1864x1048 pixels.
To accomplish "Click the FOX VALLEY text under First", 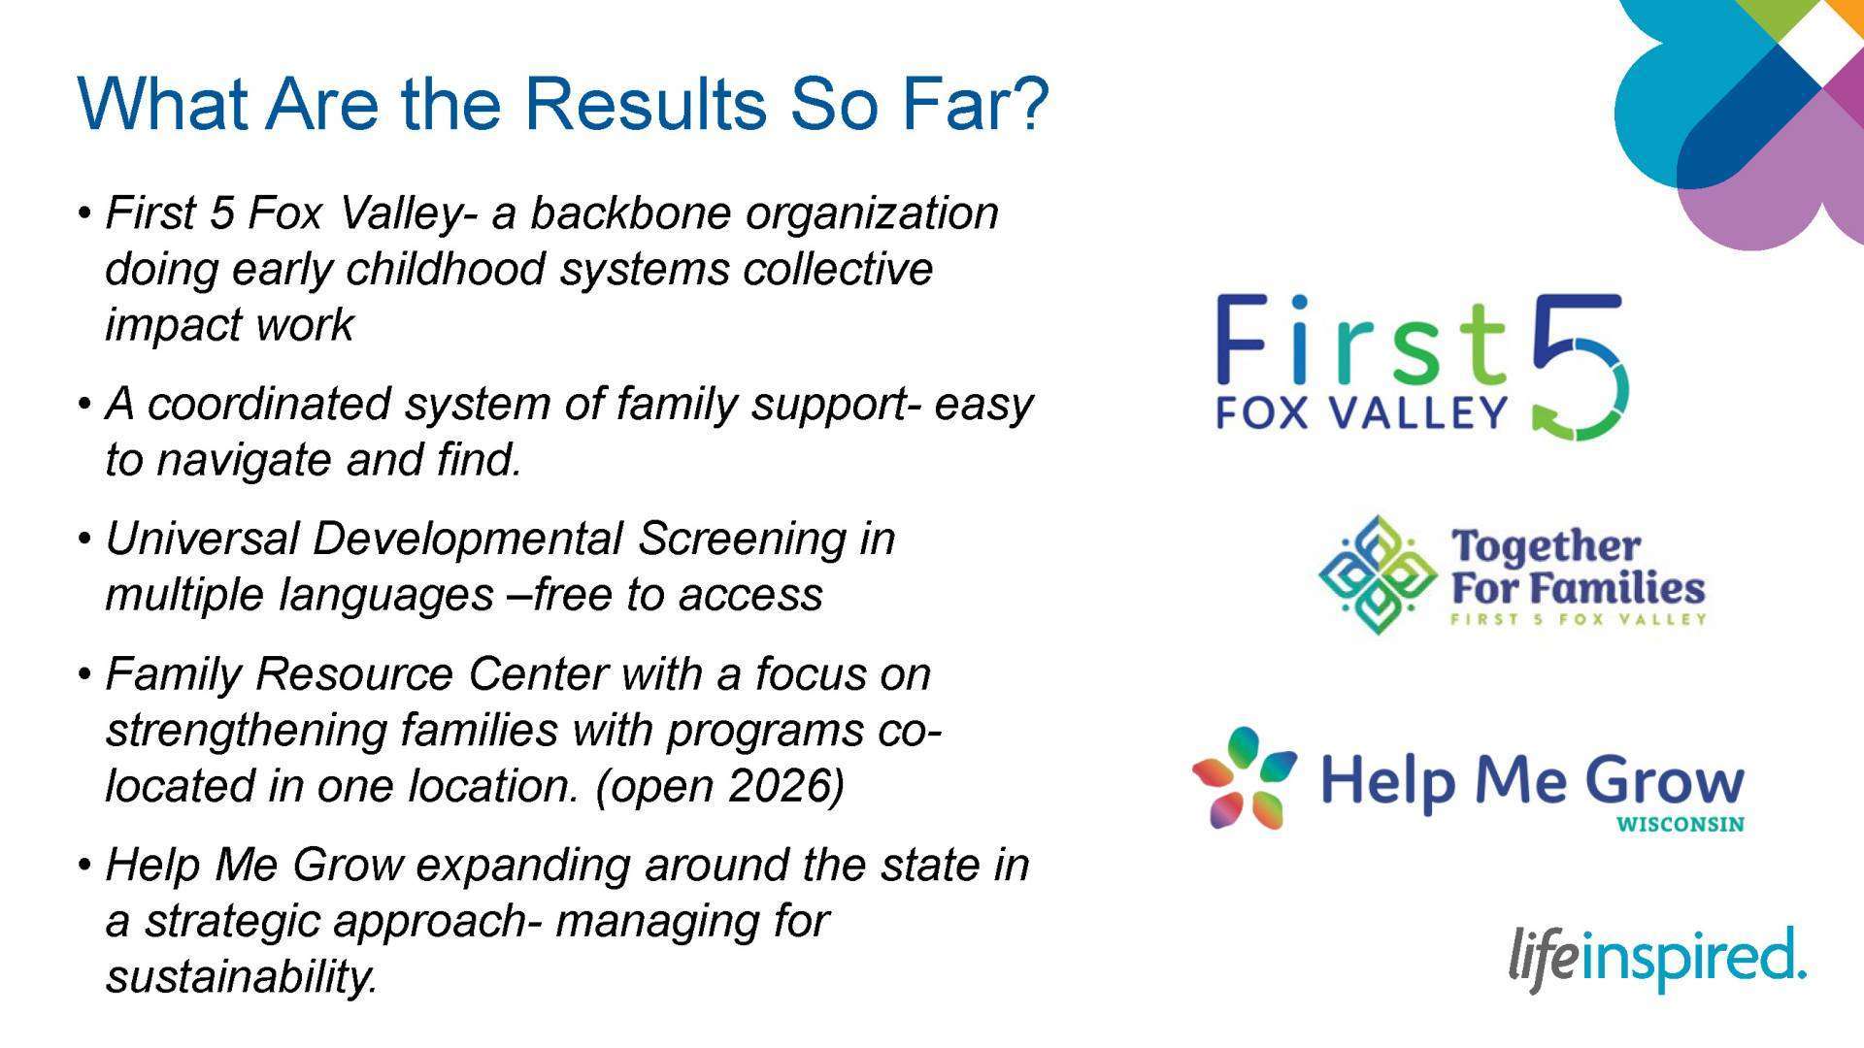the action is [1361, 413].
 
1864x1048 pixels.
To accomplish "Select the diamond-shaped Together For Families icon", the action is [1377, 575].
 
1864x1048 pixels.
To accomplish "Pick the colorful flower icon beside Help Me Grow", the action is [1244, 778].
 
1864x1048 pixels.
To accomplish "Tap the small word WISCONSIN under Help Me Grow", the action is [1681, 826].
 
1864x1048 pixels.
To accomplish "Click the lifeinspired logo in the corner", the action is [1657, 960].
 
